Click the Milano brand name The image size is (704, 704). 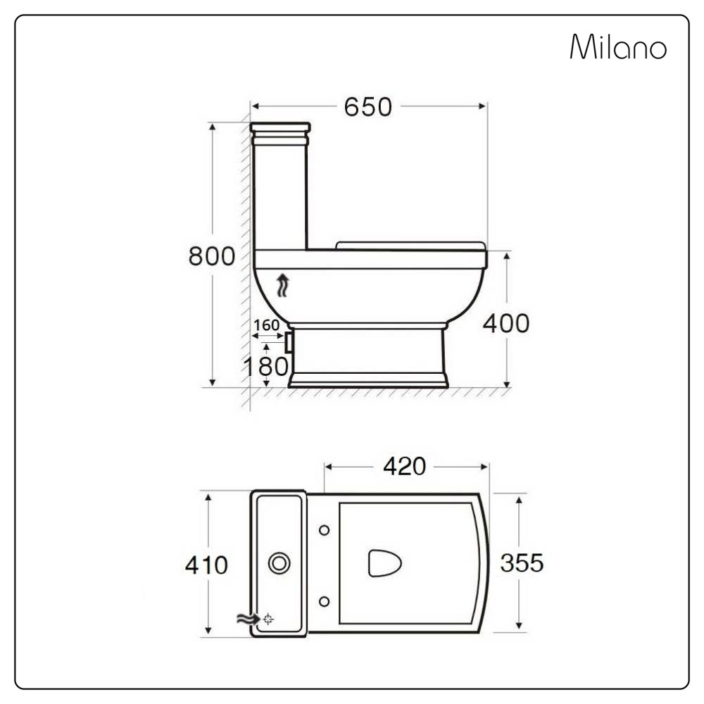[x=617, y=48]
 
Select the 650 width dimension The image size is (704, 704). [x=367, y=107]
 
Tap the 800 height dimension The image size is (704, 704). [x=211, y=257]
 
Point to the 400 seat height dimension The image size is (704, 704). [x=505, y=323]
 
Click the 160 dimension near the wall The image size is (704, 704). [x=267, y=325]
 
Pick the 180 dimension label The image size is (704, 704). [x=265, y=366]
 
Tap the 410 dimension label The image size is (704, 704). [x=206, y=565]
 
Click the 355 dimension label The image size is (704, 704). [x=522, y=562]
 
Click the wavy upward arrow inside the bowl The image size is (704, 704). [x=282, y=286]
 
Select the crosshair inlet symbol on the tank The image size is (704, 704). [x=268, y=620]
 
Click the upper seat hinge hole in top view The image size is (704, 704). [x=324, y=529]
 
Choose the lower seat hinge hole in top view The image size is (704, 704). [x=324, y=601]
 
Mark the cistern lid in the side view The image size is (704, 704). [x=279, y=128]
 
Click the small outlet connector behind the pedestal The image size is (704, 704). [x=289, y=342]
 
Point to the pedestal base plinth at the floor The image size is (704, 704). [x=368, y=381]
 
